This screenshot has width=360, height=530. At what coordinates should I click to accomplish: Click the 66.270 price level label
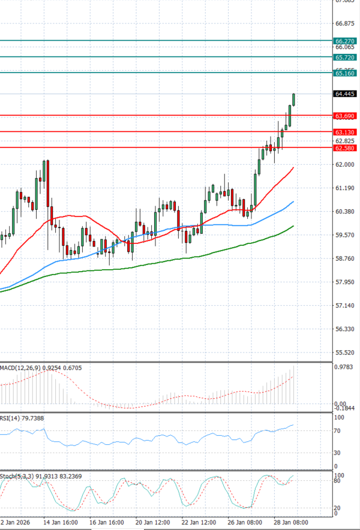click(x=346, y=41)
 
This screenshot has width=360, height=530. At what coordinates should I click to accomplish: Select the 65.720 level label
click(x=346, y=57)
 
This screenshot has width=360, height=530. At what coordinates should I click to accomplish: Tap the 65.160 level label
click(x=346, y=73)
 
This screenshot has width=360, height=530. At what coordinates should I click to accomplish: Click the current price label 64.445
click(x=346, y=94)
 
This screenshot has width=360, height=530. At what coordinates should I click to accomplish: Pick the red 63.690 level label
click(x=346, y=115)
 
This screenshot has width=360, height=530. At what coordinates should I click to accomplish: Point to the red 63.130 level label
click(x=346, y=131)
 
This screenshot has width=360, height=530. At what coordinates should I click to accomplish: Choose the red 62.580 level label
click(x=346, y=147)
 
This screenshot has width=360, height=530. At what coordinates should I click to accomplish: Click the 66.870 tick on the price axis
click(x=346, y=23)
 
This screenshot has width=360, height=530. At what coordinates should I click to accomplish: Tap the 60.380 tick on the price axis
click(x=346, y=211)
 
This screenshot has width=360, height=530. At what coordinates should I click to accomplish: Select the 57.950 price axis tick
click(x=346, y=282)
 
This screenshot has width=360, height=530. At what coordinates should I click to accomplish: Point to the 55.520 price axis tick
click(x=346, y=353)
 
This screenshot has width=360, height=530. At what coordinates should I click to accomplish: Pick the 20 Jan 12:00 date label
click(x=152, y=522)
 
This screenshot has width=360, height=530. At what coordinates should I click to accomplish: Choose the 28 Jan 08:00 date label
click(x=292, y=522)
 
